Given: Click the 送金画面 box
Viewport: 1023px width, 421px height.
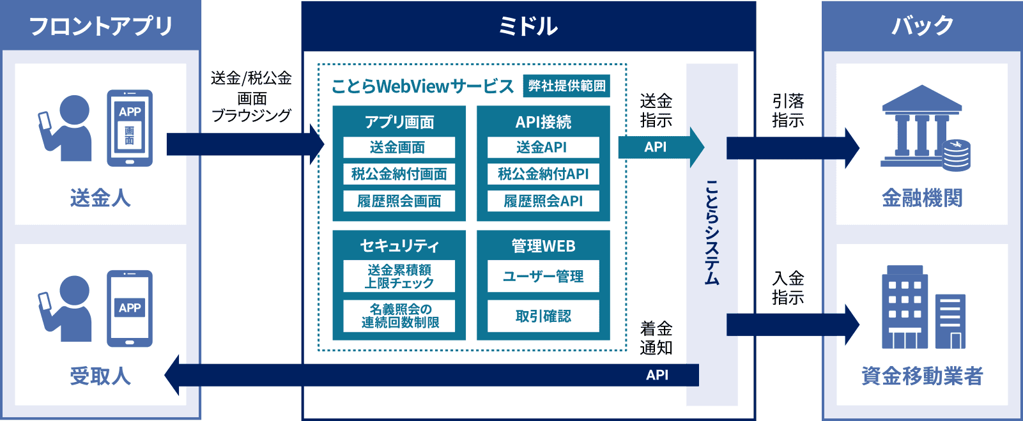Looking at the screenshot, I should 399,148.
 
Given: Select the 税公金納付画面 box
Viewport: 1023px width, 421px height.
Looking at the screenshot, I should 399,174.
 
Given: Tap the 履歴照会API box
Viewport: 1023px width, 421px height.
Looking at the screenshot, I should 543,201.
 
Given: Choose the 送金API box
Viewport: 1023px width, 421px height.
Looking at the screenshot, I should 543,148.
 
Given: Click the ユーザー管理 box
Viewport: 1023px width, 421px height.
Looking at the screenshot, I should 543,277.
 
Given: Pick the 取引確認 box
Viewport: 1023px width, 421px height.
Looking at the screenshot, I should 543,316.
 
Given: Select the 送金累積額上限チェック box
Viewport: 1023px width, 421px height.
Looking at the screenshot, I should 399,276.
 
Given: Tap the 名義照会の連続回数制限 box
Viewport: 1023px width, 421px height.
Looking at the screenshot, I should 399,316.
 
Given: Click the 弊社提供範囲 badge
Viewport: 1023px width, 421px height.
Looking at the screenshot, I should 566,86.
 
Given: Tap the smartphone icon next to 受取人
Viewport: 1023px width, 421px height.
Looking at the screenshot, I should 130,309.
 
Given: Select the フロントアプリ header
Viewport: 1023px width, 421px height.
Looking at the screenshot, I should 100,26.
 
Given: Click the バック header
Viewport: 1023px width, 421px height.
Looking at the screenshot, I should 922,26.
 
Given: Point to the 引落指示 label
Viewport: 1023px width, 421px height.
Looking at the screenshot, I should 788,111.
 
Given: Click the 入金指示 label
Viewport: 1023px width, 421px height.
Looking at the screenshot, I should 788,288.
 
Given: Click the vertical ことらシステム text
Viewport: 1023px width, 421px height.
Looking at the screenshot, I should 712,233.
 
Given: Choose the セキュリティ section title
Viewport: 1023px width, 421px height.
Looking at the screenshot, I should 399,246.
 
